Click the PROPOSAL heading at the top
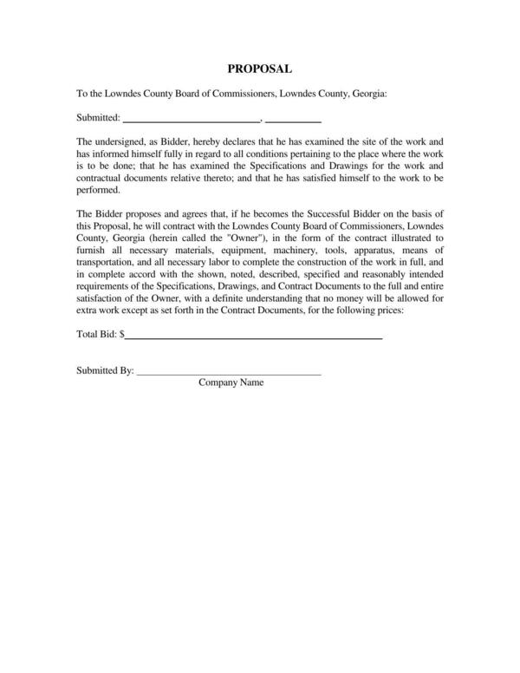pos(259,68)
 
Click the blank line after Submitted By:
pos(229,371)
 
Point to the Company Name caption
pos(231,382)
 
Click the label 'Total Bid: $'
pos(101,333)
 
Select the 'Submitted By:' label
pos(105,370)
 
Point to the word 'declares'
pos(263,141)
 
